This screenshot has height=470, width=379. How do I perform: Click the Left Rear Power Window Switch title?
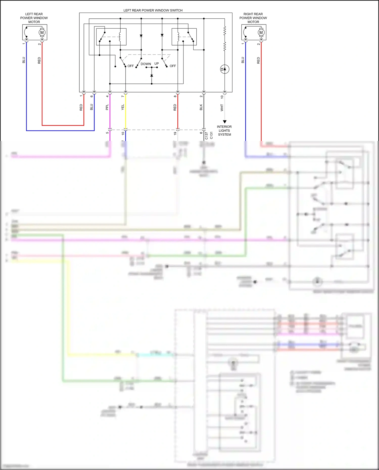coord(153,10)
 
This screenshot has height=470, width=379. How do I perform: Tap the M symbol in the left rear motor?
coord(42,33)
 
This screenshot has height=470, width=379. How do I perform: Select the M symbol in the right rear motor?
coord(261,33)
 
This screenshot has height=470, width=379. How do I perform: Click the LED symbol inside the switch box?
coord(225,69)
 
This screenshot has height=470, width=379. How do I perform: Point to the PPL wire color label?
coord(107,107)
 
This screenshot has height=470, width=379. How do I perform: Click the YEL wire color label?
coord(123,107)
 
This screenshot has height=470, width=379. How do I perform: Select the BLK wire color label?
coord(201,107)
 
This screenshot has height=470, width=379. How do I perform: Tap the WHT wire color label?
coord(222,108)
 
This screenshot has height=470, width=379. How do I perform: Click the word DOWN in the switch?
coord(146,64)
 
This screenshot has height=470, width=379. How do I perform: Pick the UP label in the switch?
coord(157,64)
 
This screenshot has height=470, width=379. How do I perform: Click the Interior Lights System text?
coord(224,131)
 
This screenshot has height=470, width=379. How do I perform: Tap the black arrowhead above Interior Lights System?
coord(225,122)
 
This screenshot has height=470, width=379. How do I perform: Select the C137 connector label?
coord(206,136)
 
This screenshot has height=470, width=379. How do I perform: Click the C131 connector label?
coord(211,136)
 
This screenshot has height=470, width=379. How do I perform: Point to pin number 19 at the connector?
coord(175,133)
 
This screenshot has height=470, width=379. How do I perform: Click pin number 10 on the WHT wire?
coord(222,97)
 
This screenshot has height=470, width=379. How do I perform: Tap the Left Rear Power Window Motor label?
coord(34,18)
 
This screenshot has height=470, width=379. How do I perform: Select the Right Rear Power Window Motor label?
coord(253,18)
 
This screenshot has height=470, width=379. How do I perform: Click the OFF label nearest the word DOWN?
coord(131,66)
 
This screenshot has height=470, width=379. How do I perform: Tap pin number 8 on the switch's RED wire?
coord(175,96)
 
